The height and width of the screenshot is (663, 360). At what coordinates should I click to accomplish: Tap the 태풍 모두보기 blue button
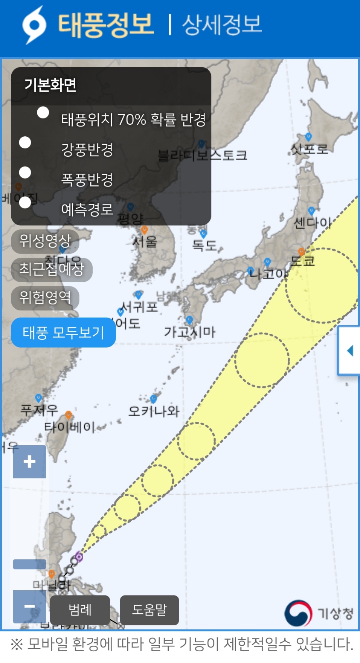[x=63, y=333]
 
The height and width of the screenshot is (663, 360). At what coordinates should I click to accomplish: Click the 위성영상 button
[x=45, y=241]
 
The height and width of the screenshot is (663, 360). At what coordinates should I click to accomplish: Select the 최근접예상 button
[x=52, y=269]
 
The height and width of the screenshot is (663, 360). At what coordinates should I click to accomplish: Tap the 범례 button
[x=80, y=610]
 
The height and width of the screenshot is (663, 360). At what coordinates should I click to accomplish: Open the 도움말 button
[x=149, y=610]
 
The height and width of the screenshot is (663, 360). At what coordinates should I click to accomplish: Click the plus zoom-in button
[x=29, y=461]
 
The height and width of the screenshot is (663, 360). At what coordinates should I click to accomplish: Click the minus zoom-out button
[x=29, y=606]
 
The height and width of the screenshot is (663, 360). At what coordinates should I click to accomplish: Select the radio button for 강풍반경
[x=25, y=142]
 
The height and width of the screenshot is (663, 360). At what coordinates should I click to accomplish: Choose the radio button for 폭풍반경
[x=25, y=173]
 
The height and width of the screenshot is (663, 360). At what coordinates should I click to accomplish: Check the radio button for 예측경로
[x=25, y=203]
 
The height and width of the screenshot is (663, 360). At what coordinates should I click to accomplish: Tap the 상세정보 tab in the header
[x=221, y=25]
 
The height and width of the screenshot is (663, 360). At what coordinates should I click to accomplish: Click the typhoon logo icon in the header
[x=34, y=25]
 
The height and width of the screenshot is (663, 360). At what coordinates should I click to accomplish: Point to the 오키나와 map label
[x=154, y=411]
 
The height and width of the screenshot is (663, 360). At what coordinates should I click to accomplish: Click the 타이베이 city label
[x=70, y=427]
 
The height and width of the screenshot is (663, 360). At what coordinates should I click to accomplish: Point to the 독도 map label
[x=204, y=245]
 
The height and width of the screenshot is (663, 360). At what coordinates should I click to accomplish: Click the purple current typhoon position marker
[x=79, y=556]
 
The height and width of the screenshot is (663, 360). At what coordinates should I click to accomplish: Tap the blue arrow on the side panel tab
[x=350, y=351]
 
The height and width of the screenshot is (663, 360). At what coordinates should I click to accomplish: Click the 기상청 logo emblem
[x=298, y=613]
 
